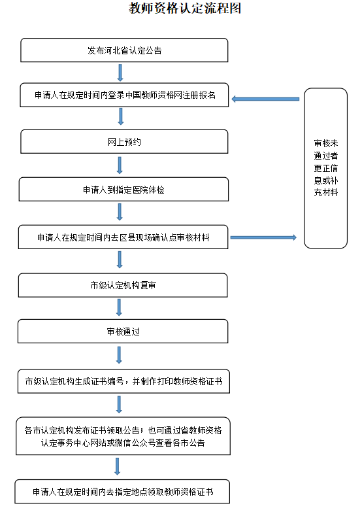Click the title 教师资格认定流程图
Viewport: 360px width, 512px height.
[x=180, y=9]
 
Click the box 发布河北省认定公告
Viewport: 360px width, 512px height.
[x=124, y=50]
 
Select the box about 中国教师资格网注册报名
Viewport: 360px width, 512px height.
[x=124, y=95]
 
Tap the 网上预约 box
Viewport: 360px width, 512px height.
[x=124, y=141]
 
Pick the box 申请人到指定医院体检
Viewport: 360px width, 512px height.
[x=124, y=190]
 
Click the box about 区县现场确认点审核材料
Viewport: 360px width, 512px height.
[x=124, y=237]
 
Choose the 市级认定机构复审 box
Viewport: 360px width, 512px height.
[x=123, y=285]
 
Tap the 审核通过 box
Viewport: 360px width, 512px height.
[x=123, y=332]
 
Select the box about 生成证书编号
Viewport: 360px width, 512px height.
[x=123, y=381]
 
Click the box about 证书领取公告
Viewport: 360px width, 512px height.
[x=123, y=436]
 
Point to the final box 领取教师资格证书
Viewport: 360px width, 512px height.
[x=123, y=491]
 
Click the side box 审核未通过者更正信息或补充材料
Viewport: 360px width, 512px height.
[x=325, y=168]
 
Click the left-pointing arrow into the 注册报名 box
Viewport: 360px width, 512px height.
[x=265, y=99]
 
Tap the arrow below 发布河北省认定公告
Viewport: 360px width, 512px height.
[x=120, y=73]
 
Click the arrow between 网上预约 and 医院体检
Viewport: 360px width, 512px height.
[x=120, y=165]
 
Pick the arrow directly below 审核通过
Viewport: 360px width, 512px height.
[x=119, y=354]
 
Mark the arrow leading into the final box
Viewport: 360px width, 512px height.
[x=118, y=466]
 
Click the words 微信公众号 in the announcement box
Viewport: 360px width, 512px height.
[x=131, y=443]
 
